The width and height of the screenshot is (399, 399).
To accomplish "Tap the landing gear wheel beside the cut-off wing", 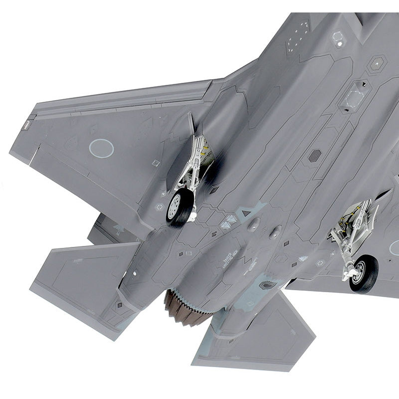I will pos(363,273).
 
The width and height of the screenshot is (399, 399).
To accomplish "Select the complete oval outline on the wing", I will pos(101,148).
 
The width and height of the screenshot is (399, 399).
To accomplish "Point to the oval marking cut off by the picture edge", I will pos(394,247).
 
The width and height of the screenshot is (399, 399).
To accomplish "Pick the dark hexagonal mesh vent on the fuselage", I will pos(315,155).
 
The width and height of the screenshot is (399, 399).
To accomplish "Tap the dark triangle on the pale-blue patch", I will pos(245,213).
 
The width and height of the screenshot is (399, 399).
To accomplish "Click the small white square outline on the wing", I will pos(156,163).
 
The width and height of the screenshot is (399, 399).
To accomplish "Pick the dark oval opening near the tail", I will pos(268,285).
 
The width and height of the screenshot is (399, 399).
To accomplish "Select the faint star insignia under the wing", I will pos(119,228).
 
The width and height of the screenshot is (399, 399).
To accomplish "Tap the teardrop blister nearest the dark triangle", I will pos(253,224).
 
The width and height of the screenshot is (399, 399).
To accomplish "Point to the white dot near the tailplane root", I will pos(134,273).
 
